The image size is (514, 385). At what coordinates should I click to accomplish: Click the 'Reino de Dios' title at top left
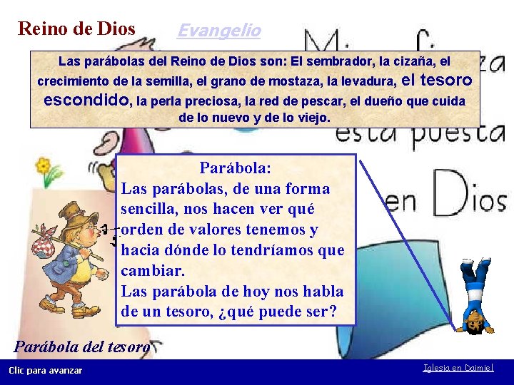[x=76, y=29]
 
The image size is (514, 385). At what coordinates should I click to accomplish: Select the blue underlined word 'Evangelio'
[x=218, y=31]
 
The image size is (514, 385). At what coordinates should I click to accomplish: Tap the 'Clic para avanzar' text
[x=45, y=370]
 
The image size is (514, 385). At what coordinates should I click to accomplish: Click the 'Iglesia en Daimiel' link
[x=457, y=369]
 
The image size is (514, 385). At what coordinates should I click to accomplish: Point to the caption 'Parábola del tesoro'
[x=82, y=347]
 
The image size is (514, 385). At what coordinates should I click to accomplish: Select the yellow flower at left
[x=45, y=168]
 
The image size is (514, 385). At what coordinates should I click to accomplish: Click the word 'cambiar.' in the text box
[x=153, y=272]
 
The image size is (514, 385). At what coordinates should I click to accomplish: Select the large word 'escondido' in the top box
[x=86, y=100]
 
